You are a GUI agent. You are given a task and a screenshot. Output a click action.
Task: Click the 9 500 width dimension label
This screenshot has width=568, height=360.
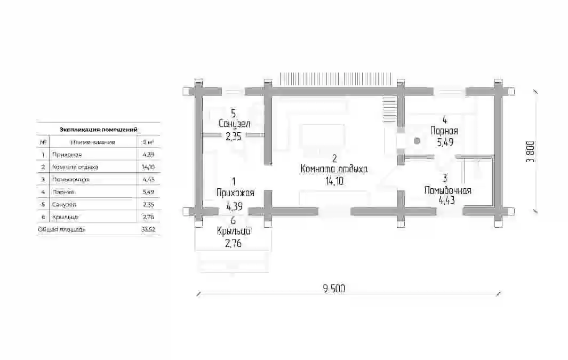coord(334,289)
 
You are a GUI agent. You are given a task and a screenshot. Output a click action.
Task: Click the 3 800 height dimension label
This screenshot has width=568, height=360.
coord(530,151)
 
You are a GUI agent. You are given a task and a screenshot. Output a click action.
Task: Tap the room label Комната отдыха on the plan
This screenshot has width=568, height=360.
coord(334,169)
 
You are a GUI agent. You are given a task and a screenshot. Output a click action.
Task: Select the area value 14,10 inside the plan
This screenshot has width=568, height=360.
coord(334,181)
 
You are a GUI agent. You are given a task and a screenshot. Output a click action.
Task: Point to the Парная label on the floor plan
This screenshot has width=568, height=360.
coord(444,131)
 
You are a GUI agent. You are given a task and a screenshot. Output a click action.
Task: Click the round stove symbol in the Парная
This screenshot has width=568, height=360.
coord(417,140)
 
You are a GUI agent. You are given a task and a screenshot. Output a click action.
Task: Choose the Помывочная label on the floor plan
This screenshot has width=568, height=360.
coord(448,190)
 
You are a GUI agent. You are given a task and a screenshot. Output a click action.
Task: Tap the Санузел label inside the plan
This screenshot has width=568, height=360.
coord(234,124)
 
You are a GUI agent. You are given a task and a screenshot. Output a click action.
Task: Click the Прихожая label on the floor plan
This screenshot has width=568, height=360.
coord(235,193)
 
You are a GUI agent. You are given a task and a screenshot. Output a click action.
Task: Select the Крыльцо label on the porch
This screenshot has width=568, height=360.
coord(234,231)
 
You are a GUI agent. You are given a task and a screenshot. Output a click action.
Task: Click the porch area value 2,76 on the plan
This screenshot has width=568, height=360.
coord(233,243)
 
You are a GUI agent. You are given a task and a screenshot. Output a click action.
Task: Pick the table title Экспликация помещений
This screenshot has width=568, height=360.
coord(98,129)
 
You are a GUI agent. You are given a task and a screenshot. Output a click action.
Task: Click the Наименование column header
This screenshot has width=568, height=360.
coord(93,142)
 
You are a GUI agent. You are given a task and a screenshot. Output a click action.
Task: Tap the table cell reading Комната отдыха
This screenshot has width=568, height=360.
coord(75,167)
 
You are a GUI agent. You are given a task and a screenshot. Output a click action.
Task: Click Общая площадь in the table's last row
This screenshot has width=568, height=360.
coord(61,229)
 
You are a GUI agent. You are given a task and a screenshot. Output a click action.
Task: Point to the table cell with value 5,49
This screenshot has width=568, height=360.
coord(148,192)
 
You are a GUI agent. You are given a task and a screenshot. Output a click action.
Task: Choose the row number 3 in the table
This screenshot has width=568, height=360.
coord(43,180)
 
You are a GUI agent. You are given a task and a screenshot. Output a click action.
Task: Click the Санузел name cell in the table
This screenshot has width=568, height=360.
coord(64,205)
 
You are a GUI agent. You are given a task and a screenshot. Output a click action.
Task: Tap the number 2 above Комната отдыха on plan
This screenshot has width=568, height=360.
coord(334,158)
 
